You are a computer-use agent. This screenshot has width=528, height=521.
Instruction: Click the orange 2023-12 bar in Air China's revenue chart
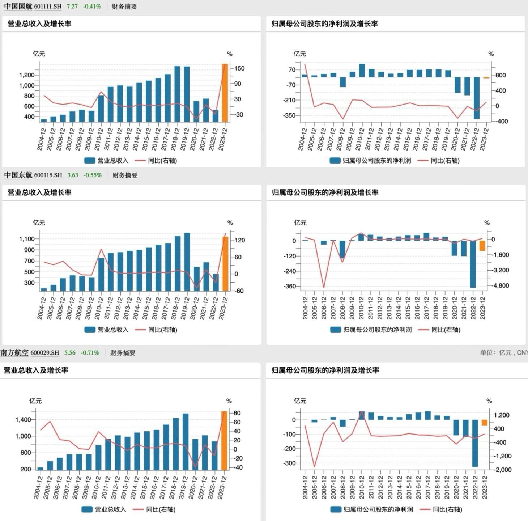click(x=225, y=93)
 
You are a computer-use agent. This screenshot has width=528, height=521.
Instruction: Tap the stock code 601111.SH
click(x=48, y=7)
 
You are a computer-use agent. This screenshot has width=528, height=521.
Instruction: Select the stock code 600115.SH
click(x=48, y=175)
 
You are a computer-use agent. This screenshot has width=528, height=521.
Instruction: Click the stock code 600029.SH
click(x=45, y=353)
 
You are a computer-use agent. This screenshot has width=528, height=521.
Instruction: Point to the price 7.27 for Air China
click(x=72, y=7)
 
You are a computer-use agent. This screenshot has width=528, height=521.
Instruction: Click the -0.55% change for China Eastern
click(x=93, y=175)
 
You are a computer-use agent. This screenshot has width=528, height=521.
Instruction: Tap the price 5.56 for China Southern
click(x=70, y=353)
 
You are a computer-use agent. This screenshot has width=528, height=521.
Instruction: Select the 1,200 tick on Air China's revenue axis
click(x=27, y=75)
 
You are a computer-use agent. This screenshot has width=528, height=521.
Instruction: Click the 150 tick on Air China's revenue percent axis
click(x=239, y=68)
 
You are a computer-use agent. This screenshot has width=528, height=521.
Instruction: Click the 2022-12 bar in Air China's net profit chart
click(x=477, y=98)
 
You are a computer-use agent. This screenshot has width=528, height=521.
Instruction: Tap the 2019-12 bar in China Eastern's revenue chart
click(x=187, y=262)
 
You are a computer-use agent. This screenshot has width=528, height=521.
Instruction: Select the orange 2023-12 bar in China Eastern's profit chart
click(x=482, y=246)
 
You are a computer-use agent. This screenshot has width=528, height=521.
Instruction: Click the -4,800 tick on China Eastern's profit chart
click(x=501, y=286)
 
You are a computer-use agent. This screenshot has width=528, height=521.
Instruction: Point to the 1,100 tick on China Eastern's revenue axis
click(x=27, y=239)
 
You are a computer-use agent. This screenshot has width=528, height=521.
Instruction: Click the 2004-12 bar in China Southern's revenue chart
click(x=40, y=469)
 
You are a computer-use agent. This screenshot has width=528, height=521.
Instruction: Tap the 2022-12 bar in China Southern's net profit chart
click(x=475, y=443)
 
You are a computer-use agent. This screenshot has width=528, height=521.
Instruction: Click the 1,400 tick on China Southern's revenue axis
click(x=24, y=420)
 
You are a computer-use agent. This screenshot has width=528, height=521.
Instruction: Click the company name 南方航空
click(x=14, y=353)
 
